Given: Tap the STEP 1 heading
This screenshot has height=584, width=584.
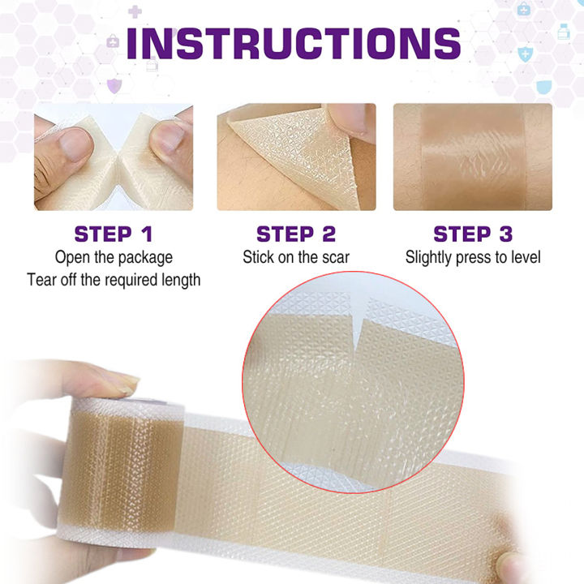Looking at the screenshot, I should point(114,234).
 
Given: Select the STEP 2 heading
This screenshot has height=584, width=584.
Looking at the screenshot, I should point(295,234).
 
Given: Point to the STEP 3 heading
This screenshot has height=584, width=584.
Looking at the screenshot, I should point(473,234).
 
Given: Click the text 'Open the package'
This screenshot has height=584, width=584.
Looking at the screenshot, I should point(114,258).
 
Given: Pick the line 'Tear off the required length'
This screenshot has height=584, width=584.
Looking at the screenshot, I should point(114,280).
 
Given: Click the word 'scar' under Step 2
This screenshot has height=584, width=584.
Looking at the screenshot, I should point(333,258).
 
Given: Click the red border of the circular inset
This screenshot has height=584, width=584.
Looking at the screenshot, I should point(245,381).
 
